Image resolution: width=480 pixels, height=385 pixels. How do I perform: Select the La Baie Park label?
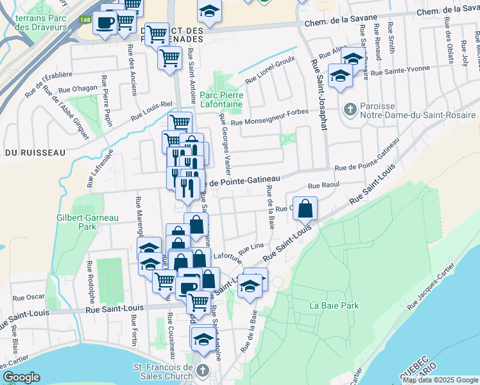[x=334, y=305]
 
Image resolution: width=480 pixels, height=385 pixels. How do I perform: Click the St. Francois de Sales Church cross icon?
[x=203, y=370]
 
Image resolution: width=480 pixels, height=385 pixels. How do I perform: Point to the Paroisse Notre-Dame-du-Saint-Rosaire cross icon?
[x=350, y=108]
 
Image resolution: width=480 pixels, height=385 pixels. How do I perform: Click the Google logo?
[x=21, y=377]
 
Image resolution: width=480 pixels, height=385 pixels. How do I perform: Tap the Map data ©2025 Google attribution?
[x=441, y=380]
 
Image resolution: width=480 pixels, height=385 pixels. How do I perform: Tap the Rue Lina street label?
[x=251, y=248]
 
